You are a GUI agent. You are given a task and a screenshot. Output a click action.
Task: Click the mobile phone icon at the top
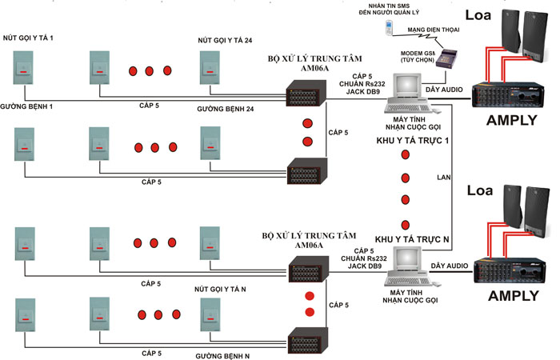[389, 28]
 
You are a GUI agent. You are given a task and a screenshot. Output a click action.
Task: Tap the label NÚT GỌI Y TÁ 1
[28, 38]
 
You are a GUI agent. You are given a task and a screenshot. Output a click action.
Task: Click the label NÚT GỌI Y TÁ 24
[225, 40]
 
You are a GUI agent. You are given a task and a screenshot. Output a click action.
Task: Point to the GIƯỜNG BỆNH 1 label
[26, 106]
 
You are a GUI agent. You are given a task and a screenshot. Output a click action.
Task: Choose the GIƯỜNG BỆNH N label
[222, 356]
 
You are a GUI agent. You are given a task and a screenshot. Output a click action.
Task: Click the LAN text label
[443, 177]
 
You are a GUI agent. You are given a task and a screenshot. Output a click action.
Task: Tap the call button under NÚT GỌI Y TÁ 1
[23, 68]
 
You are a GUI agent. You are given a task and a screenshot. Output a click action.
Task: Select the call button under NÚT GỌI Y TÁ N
[210, 314]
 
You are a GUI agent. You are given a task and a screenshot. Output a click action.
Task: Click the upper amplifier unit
[508, 95]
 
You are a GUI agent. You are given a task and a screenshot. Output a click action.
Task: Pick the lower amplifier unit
[510, 270]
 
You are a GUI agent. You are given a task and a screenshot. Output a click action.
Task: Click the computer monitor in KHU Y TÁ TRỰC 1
[406, 86]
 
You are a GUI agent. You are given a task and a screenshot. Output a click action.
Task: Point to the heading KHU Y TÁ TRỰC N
[412, 239]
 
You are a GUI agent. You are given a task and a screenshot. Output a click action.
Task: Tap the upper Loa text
[478, 15]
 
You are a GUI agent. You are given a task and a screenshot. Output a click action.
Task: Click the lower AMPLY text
[514, 296]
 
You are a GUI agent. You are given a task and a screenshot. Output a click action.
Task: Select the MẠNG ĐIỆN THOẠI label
[434, 30]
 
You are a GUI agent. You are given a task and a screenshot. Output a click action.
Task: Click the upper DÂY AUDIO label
[444, 90]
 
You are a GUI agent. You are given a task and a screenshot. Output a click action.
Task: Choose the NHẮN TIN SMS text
[389, 6]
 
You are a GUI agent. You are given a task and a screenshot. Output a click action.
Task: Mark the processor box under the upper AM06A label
[306, 94]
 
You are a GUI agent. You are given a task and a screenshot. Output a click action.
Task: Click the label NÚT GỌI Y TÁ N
[220, 290]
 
